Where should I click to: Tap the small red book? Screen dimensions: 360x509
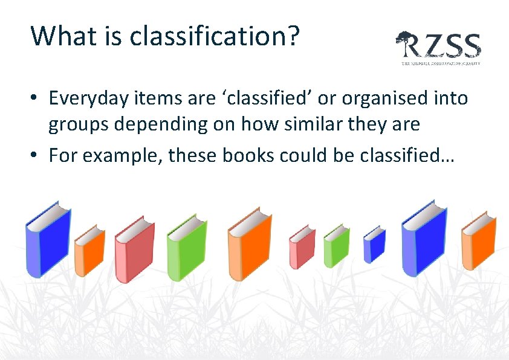click(x=302, y=247)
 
